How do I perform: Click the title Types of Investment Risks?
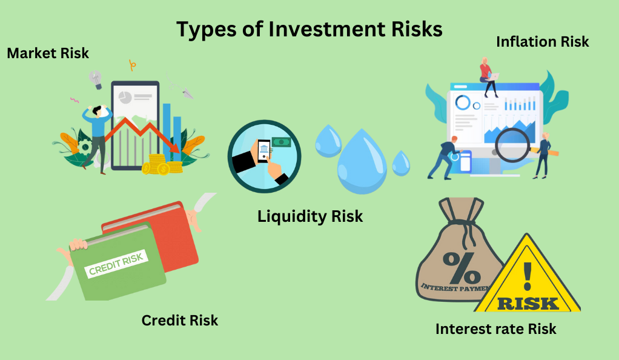309,30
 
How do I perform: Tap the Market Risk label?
48,53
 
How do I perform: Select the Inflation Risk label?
543,41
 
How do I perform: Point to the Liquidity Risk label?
310,216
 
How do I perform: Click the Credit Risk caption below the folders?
180,320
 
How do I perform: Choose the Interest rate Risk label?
496,328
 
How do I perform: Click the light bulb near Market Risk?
96,79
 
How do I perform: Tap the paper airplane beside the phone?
188,94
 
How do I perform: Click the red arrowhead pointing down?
174,148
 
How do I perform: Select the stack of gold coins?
162,164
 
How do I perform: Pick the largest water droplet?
362,162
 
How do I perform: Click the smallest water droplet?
401,163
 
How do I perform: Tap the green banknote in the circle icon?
280,142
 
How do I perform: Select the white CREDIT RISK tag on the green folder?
116,264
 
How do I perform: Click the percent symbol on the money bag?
462,267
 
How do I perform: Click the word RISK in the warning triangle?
528,304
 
